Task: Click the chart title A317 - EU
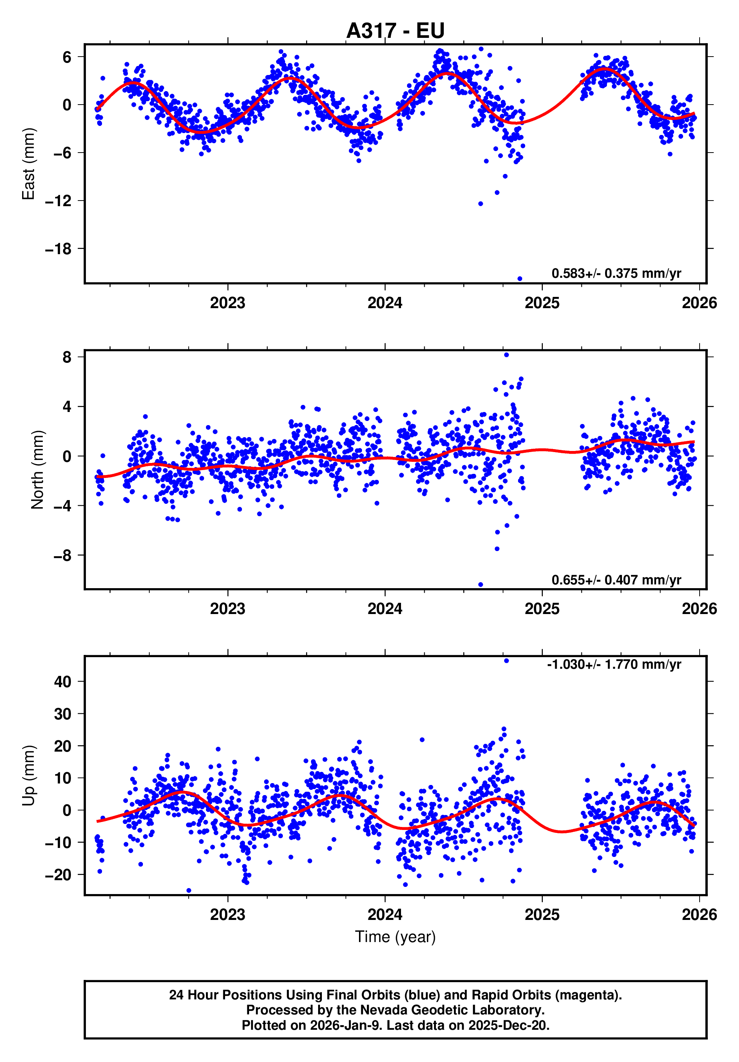coord(395,30)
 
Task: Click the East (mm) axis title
coord(29,164)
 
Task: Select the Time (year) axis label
coord(395,937)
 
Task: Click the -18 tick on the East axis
coord(58,249)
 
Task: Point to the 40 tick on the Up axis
coord(63,682)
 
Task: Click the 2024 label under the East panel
coord(385,303)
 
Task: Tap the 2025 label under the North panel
coord(542,609)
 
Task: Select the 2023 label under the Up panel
coord(227,914)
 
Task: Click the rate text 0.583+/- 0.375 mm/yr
coord(616,273)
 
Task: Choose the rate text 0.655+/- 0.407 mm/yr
coord(616,580)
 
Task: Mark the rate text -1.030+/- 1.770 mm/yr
coord(614,664)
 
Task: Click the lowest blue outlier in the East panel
coord(520,279)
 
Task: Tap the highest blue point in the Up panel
coord(506,661)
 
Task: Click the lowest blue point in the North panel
coord(480,585)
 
